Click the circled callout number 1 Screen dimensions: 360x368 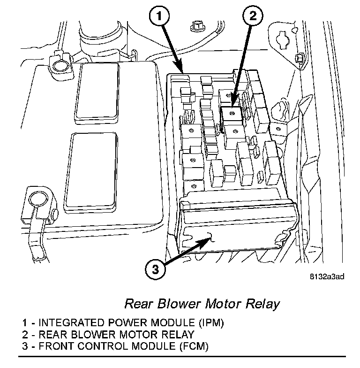coord(159,16)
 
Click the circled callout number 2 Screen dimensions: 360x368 coord(252,16)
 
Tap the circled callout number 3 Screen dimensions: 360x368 coord(156,269)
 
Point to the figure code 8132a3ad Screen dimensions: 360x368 coord(327,277)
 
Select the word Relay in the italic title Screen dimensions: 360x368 coord(262,304)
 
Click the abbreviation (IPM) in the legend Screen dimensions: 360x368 coord(211,323)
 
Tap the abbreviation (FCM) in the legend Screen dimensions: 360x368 coord(194,346)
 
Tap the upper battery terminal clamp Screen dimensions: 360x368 coord(60,66)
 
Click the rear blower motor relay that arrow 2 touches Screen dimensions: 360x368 coord(232,115)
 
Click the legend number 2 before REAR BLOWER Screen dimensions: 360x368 coord(25,334)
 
